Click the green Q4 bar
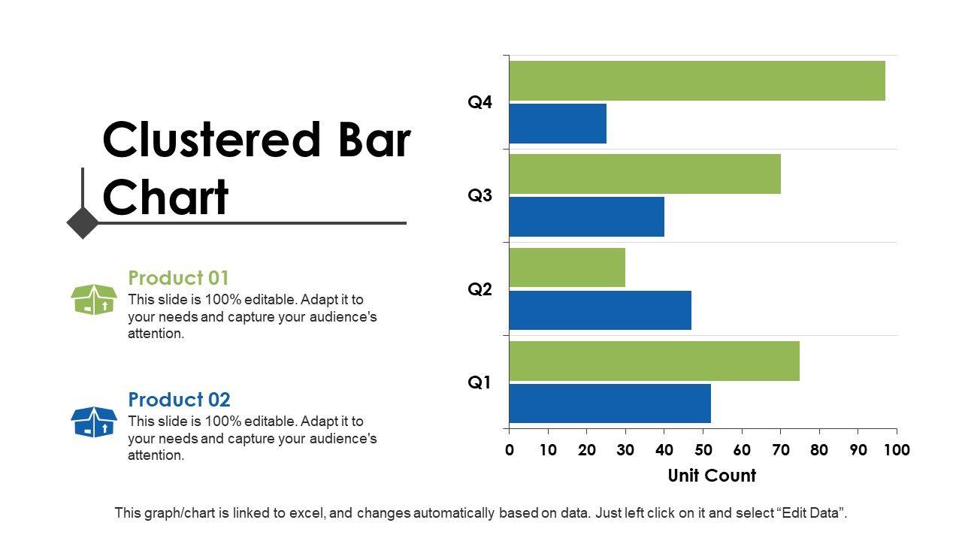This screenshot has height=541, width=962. point(697,80)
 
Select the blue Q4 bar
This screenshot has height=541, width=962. point(558,124)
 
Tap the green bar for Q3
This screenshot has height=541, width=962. point(645,174)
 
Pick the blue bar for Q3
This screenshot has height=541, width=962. point(586,217)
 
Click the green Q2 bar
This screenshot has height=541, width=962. point(567,267)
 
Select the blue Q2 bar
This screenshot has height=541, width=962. point(600,310)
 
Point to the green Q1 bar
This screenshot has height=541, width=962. point(654,361)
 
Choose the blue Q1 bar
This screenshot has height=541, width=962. point(610,403)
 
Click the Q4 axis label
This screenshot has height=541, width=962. point(479,102)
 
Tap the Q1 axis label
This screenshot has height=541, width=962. point(479,382)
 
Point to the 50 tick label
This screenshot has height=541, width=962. point(703,450)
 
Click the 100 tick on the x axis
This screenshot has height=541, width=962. point(896,450)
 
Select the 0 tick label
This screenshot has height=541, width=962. point(510,450)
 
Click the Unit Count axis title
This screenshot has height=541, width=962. point(712,476)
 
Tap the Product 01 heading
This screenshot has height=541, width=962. point(178,278)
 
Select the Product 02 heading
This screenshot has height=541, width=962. point(179,400)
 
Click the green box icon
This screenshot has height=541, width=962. point(94,300)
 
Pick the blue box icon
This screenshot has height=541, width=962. point(94,422)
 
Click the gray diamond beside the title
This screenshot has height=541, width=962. point(83,222)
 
